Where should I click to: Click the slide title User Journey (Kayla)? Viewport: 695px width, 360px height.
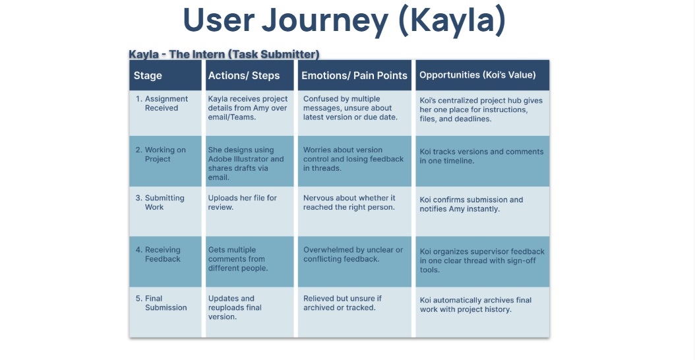pos(344,21)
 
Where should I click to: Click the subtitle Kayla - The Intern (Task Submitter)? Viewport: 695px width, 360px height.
pos(224,54)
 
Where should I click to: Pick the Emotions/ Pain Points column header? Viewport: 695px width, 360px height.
pos(354,75)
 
